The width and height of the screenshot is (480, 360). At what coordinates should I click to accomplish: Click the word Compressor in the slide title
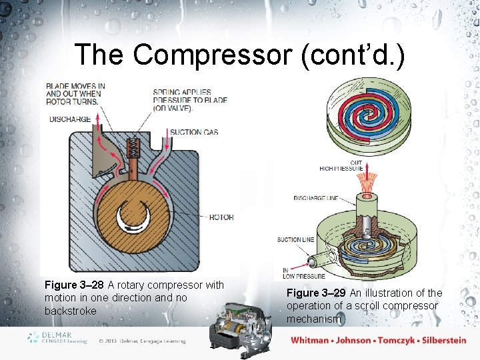pyautogui.click(x=213, y=55)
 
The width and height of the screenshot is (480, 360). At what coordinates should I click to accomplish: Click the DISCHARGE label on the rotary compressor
pyautogui.click(x=69, y=119)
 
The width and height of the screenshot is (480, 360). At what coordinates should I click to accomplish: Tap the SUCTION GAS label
pyautogui.click(x=194, y=132)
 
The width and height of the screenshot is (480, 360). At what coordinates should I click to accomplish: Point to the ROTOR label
pyautogui.click(x=221, y=217)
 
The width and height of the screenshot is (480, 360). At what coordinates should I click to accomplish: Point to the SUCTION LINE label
pyautogui.click(x=295, y=239)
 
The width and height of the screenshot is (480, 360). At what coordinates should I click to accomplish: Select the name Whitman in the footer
pyautogui.click(x=309, y=340)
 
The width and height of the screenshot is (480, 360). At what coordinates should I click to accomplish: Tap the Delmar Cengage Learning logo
pyautogui.click(x=57, y=338)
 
